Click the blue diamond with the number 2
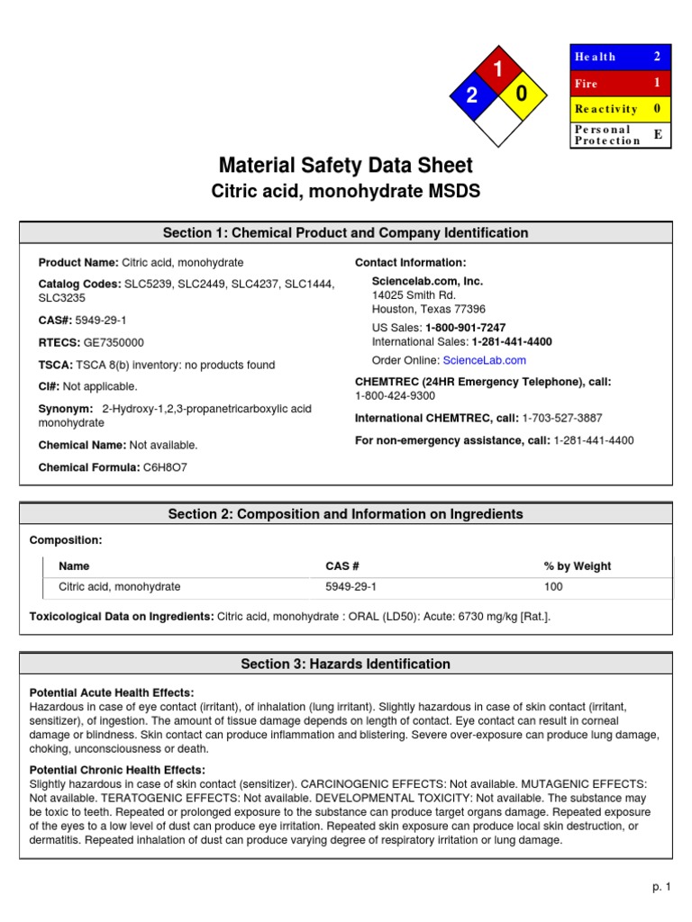point(471,97)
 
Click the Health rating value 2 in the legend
point(657,57)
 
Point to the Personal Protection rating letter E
point(657,134)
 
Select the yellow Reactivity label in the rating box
point(606,109)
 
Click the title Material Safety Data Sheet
point(345,166)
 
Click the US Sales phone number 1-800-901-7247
point(465,328)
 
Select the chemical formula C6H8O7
point(165,467)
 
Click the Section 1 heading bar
point(345,233)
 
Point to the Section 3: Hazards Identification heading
point(345,664)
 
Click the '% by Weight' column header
point(577,566)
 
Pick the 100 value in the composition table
point(552,587)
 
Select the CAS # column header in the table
point(342,566)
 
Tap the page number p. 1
point(662,887)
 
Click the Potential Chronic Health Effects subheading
point(117,770)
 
